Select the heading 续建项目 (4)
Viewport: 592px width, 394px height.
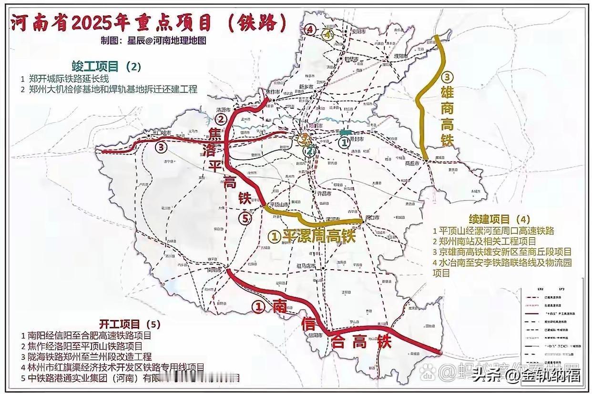point(499,219)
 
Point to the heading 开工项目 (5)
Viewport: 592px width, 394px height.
point(130,324)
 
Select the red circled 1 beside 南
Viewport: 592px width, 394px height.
point(258,308)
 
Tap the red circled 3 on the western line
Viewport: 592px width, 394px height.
point(161,147)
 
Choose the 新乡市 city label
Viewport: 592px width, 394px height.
point(305,86)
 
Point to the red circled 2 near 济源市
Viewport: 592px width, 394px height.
point(220,118)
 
